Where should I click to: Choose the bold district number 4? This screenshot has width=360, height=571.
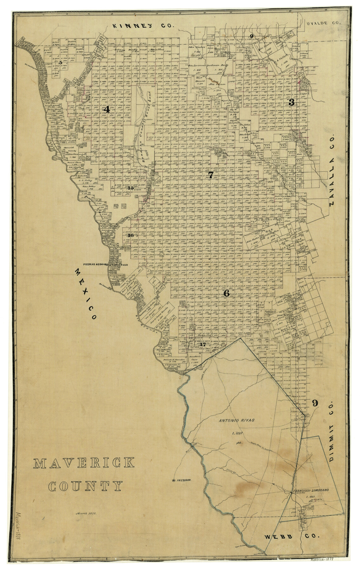pyautogui.click(x=106, y=110)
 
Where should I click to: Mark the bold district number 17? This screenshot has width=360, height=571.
pyautogui.click(x=203, y=344)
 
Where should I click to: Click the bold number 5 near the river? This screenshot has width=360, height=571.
pyautogui.click(x=60, y=62)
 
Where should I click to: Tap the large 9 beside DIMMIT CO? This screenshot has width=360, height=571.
pyautogui.click(x=315, y=403)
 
